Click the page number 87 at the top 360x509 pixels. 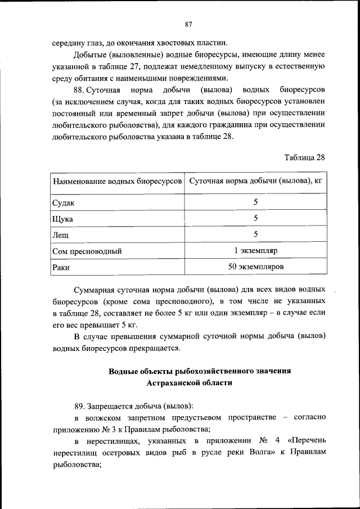click(x=188, y=24)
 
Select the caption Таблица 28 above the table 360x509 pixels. click(x=305, y=157)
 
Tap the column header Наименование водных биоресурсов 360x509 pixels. click(x=118, y=182)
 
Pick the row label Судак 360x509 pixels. click(x=63, y=202)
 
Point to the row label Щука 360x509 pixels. click(x=62, y=219)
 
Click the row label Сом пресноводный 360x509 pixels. click(x=87, y=251)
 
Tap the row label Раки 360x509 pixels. click(x=61, y=267)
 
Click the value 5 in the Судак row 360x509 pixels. click(x=256, y=202)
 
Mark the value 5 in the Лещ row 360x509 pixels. click(x=256, y=234)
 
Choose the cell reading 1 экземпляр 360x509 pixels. click(x=256, y=250)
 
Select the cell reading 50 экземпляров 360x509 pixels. click(x=256, y=266)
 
